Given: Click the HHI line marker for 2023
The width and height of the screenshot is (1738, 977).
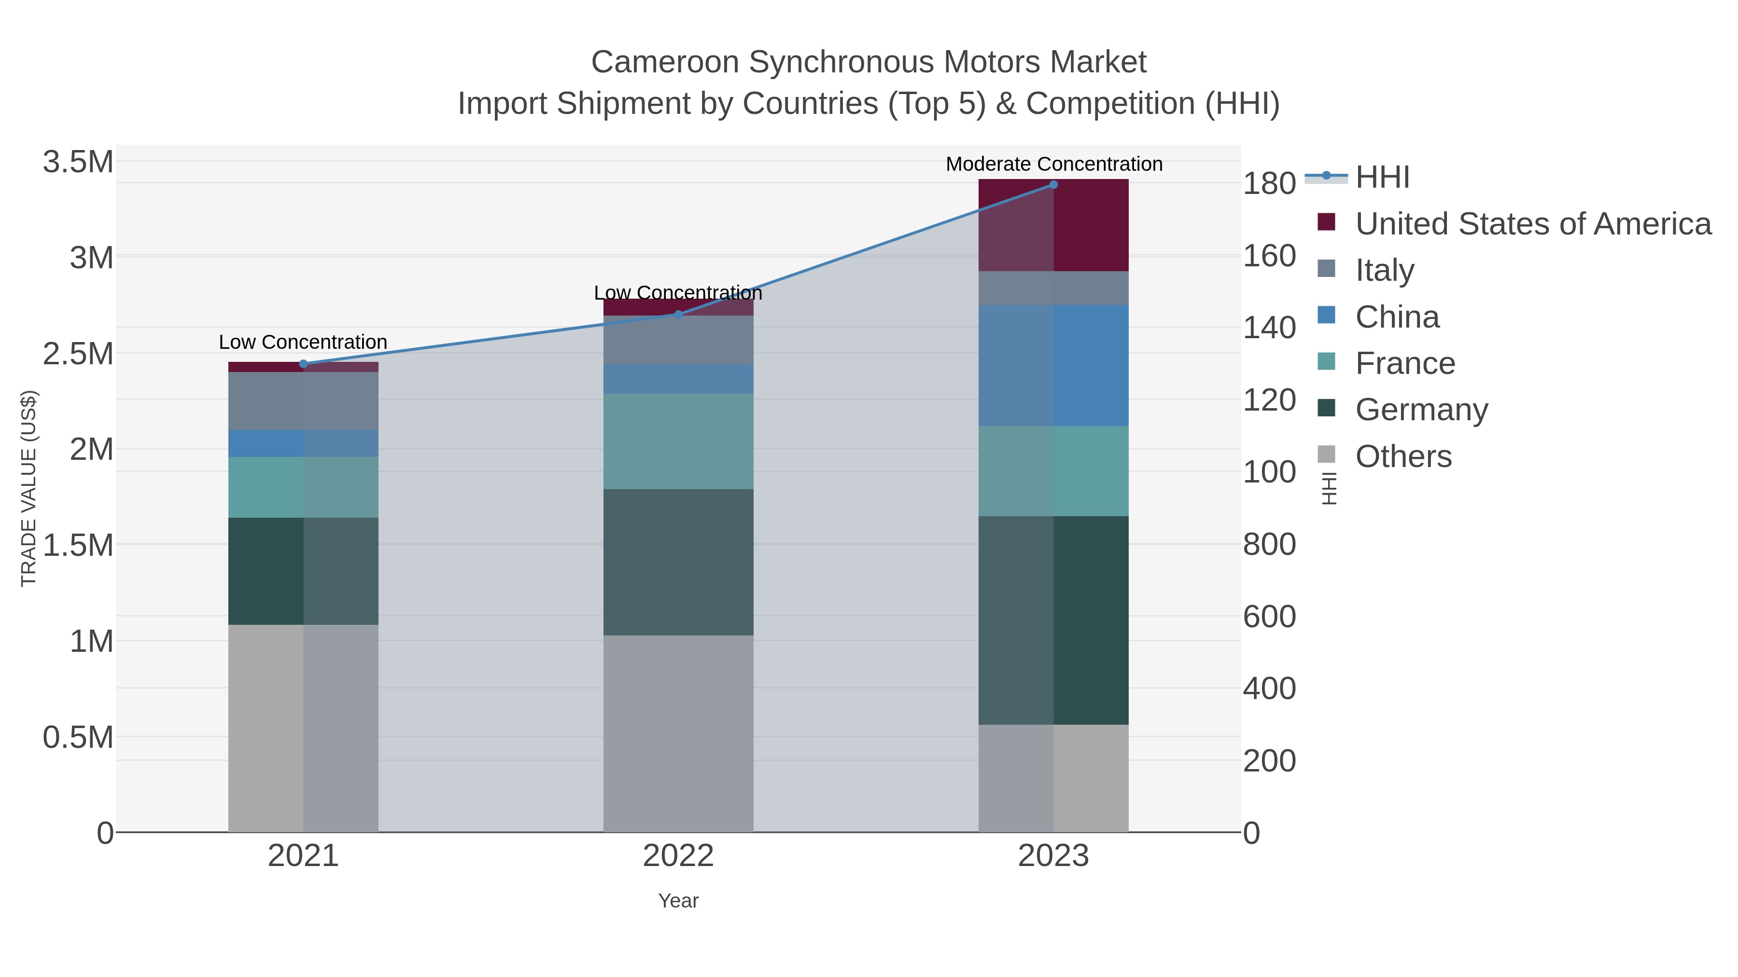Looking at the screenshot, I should (x=1053, y=185).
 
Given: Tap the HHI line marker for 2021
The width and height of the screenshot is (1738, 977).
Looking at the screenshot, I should (x=303, y=364).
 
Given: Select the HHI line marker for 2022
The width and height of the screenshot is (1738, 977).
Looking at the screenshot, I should (x=679, y=314).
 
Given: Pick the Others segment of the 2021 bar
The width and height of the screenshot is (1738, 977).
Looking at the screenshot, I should (x=303, y=728).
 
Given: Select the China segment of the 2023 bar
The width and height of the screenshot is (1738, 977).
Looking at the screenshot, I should (x=1053, y=365).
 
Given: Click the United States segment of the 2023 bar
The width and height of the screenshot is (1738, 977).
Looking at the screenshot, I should (x=1053, y=225).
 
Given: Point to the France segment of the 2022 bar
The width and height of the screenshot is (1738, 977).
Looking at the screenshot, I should (x=678, y=441).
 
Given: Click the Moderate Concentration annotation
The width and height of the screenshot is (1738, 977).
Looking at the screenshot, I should (x=1054, y=164).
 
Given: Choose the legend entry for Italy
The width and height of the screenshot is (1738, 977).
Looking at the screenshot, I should (x=1385, y=270).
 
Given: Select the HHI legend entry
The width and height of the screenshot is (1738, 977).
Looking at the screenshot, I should (x=1382, y=178).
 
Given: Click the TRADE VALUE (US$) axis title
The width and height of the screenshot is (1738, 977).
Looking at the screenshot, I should (x=28, y=488).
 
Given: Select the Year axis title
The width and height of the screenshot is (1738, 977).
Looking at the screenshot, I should (x=678, y=901).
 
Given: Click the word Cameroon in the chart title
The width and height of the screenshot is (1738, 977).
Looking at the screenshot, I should (x=665, y=62).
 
